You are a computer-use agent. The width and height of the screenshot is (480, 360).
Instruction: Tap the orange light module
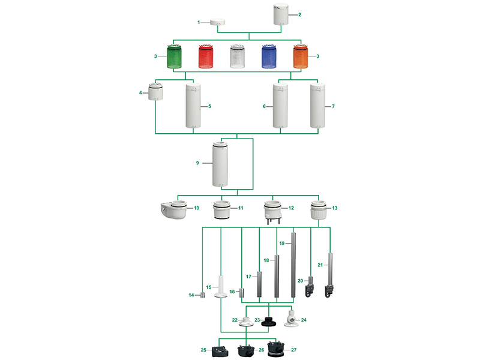(304, 56)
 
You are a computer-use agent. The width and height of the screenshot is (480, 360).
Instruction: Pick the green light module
(174, 56)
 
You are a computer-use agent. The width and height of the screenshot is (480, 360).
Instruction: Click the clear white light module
(239, 56)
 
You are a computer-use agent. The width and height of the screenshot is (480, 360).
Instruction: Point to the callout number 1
(199, 22)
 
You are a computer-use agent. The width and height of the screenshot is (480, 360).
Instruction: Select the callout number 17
(248, 277)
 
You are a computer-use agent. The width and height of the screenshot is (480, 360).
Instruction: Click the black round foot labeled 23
(265, 322)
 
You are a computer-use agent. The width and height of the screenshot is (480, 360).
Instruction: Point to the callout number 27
(295, 349)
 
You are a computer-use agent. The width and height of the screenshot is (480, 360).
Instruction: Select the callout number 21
(320, 265)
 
